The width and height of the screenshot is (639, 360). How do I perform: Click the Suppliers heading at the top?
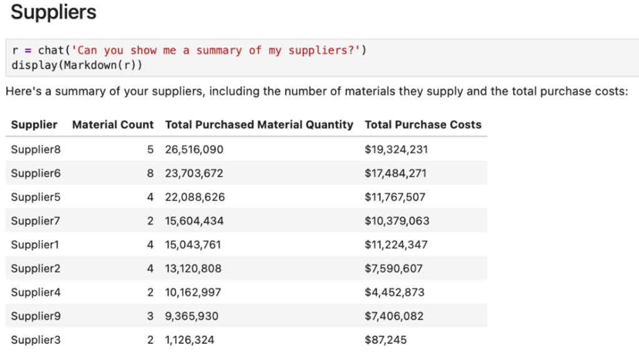coord(54,12)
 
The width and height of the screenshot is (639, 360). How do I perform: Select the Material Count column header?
coord(112,125)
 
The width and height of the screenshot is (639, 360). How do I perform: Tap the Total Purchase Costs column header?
coord(422,125)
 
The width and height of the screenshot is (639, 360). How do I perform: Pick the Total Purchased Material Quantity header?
coord(259,125)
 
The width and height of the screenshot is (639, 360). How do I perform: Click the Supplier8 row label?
coord(36,149)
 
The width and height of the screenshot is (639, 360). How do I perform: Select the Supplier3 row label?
coord(36,340)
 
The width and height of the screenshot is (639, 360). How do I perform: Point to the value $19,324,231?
coord(396,149)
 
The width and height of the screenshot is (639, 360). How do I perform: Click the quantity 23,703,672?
coord(194,173)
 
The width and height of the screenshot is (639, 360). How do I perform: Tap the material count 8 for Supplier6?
coord(150,173)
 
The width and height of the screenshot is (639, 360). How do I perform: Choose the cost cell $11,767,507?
coord(395,197)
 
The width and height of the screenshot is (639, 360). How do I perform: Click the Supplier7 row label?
coord(36,221)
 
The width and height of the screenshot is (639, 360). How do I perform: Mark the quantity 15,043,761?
coord(193,245)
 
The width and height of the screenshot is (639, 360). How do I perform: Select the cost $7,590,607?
coord(393,269)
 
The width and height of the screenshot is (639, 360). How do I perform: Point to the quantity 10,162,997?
coord(193,293)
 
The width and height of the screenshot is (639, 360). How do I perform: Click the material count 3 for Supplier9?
coord(150,316)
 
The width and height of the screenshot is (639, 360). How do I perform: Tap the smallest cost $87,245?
coord(386,340)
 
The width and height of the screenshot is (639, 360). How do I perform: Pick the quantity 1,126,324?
coord(190,340)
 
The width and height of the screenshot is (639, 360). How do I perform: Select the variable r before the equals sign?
coord(14,51)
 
